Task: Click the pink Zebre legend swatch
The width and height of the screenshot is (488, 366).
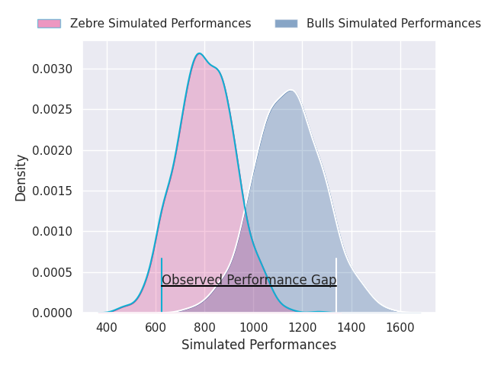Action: point(49,24)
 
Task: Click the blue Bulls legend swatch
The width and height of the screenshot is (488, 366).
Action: point(287,24)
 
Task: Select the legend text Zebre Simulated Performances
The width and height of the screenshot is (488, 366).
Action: point(161,24)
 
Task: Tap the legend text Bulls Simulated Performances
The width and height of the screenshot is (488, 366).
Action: point(393,24)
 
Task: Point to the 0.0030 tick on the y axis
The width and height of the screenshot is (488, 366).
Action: point(53,69)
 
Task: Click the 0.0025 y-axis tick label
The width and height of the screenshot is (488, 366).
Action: point(53,110)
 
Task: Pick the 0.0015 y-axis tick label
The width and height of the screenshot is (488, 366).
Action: point(53,191)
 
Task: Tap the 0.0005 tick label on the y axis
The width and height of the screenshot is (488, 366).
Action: point(53,272)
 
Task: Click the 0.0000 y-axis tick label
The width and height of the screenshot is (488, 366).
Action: point(53,313)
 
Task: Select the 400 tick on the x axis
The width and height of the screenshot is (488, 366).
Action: point(107,327)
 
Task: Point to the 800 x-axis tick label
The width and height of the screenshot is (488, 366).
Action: point(204,327)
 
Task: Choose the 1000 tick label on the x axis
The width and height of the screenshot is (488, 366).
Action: point(253,327)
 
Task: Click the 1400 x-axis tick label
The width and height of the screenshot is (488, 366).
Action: point(352,327)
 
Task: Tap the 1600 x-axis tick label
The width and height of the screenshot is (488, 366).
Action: point(400,327)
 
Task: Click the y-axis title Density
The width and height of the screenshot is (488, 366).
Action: point(21,178)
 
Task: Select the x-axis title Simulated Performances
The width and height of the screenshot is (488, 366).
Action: point(259,345)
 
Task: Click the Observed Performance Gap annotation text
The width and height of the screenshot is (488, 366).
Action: point(249,280)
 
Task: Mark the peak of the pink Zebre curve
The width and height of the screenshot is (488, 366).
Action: point(199,53)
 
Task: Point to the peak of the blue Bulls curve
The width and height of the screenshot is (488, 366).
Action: point(291,91)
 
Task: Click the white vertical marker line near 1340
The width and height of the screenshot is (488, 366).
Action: point(336,284)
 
